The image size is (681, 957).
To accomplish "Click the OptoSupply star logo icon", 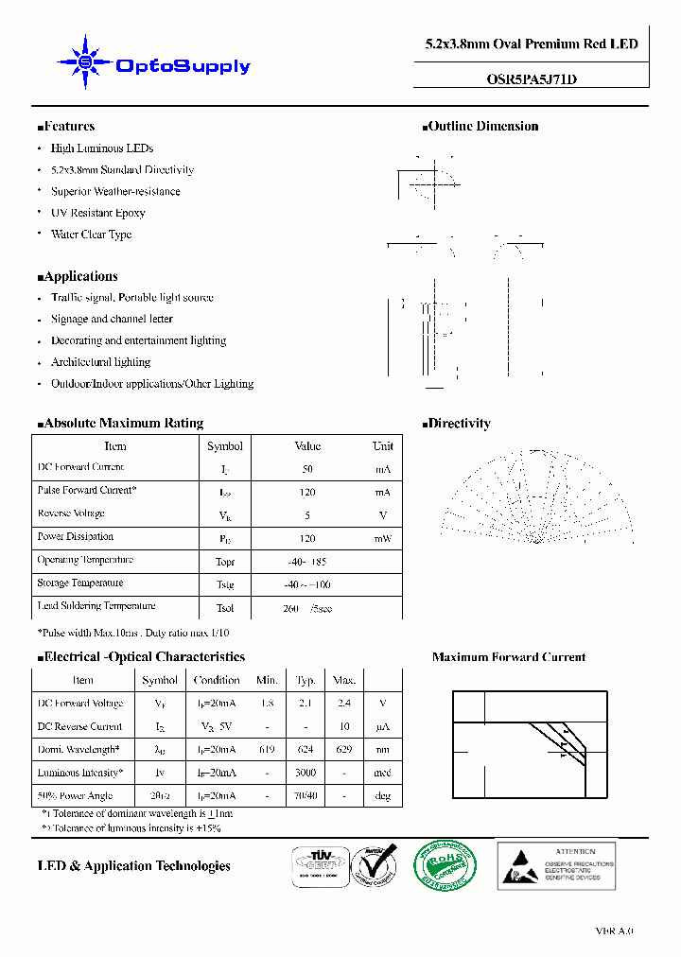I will click(85, 62).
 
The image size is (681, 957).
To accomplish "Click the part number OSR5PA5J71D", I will click(524, 79).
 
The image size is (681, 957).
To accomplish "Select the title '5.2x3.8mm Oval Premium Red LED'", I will click(531, 44).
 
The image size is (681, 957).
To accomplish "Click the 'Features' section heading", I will click(68, 127).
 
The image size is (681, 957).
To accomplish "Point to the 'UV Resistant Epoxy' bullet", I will click(97, 213).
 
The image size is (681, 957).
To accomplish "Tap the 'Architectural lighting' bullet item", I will click(100, 362).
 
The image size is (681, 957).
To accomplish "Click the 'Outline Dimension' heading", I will click(482, 127).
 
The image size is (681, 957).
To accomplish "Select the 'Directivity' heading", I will click(459, 424).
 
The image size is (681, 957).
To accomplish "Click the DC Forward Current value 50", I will click(307, 469).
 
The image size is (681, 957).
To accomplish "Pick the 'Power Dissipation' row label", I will click(77, 536).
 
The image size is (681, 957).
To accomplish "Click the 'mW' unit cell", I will click(382, 538).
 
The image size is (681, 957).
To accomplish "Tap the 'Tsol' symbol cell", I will click(224, 608).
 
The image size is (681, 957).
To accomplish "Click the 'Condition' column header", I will click(217, 680).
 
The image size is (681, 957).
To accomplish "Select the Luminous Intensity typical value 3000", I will click(306, 773).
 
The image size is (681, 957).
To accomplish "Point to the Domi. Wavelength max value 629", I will click(344, 749).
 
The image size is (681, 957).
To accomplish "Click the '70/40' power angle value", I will click(306, 796).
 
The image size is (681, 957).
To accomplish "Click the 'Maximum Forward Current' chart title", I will click(508, 657).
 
